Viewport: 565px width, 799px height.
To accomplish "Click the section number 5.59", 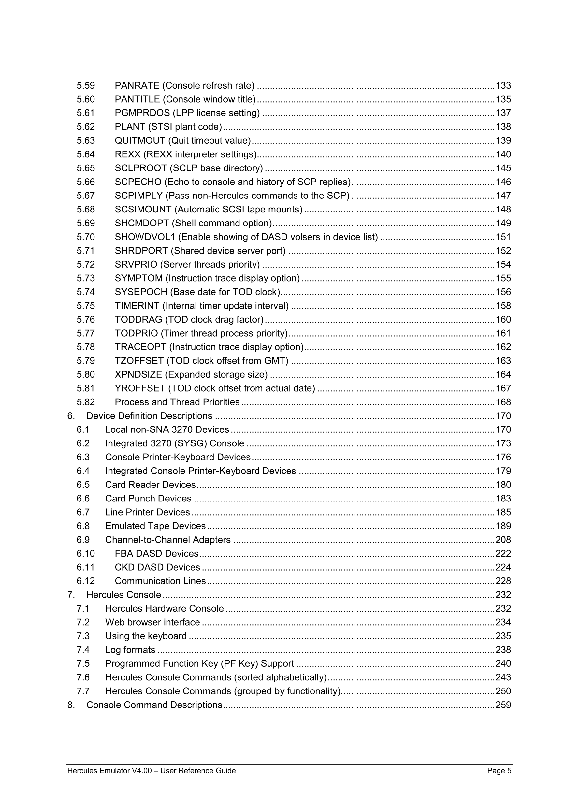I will click(x=86, y=86).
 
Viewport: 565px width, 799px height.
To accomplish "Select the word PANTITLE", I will click(x=137, y=99).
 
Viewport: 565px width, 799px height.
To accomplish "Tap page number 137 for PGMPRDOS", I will click(x=503, y=113).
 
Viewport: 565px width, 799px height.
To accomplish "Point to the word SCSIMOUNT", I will click(x=143, y=210).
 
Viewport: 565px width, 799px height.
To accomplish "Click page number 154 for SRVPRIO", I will click(x=503, y=265).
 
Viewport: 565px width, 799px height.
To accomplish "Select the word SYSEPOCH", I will click(x=141, y=292).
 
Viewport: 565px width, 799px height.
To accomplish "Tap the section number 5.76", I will click(x=86, y=319).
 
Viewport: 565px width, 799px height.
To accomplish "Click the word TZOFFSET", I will click(x=139, y=361).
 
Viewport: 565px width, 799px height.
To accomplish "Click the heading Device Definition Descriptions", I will click(x=149, y=416).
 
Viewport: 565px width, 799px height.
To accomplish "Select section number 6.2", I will click(x=83, y=443).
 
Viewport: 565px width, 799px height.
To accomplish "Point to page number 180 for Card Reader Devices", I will click(x=503, y=485).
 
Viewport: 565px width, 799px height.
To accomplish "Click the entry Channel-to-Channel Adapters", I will click(x=168, y=540).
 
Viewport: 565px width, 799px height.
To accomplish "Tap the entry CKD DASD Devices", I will click(x=157, y=567).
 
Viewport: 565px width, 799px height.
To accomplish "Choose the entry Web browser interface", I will click(x=152, y=622).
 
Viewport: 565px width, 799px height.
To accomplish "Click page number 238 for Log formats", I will click(x=503, y=650).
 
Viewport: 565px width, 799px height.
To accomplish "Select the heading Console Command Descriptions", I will click(x=154, y=705).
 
